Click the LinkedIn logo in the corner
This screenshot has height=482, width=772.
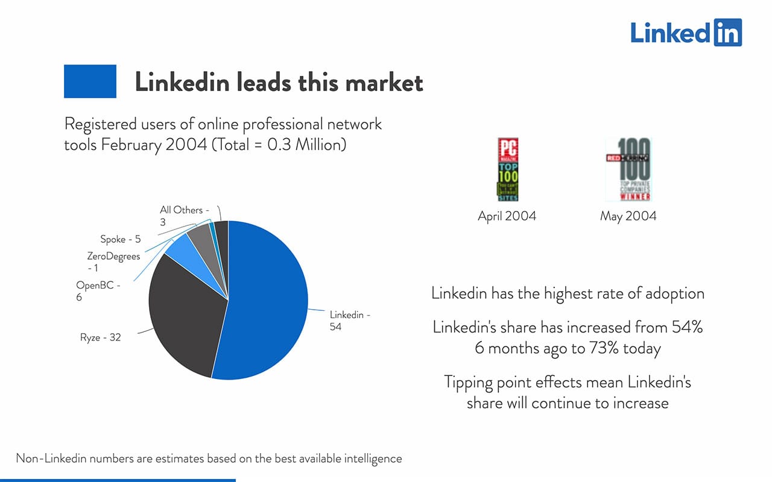686,33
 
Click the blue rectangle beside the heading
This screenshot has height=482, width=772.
90,81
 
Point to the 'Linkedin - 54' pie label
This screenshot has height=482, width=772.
350,321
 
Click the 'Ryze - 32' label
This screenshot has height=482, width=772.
100,337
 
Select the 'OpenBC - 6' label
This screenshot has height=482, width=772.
98,291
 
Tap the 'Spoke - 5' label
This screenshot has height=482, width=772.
121,239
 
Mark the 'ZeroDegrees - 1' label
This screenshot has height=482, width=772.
113,262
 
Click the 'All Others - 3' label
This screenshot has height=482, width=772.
184,216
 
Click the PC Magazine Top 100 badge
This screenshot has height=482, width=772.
507,169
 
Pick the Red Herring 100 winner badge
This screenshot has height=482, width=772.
628,169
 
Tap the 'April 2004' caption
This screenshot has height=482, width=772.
507,216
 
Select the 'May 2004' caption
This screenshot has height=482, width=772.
628,216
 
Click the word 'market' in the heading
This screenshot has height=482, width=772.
384,82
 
